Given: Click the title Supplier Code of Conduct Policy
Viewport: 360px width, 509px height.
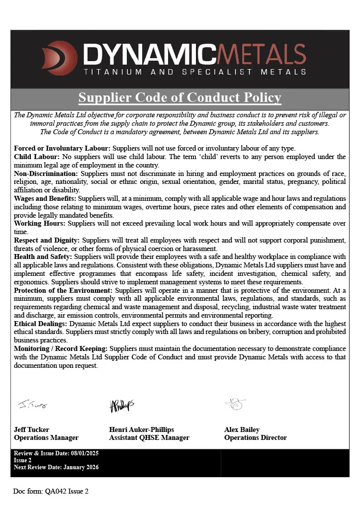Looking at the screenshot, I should pyautogui.click(x=180, y=97).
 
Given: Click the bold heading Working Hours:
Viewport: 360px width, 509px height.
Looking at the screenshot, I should pyautogui.click(x=40, y=223).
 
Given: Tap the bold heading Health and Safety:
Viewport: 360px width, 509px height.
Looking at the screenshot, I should pyautogui.click(x=43, y=256).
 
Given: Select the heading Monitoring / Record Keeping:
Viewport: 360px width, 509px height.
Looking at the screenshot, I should pyautogui.click(x=61, y=348).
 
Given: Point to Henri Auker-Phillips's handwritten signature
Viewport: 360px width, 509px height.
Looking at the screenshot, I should pyautogui.click(x=122, y=405).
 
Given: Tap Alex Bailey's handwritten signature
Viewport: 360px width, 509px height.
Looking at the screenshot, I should pyautogui.click(x=235, y=404).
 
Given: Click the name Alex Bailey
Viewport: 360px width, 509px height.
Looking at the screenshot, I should pyautogui.click(x=242, y=429).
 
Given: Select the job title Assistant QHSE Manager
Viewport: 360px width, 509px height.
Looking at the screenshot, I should pyautogui.click(x=149, y=438).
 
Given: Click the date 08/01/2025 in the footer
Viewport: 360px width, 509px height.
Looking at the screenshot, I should pyautogui.click(x=83, y=453).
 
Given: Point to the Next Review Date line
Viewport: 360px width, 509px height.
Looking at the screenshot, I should pyautogui.click(x=56, y=467).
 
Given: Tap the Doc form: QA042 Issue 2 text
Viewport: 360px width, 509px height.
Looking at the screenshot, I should pyautogui.click(x=51, y=491).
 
